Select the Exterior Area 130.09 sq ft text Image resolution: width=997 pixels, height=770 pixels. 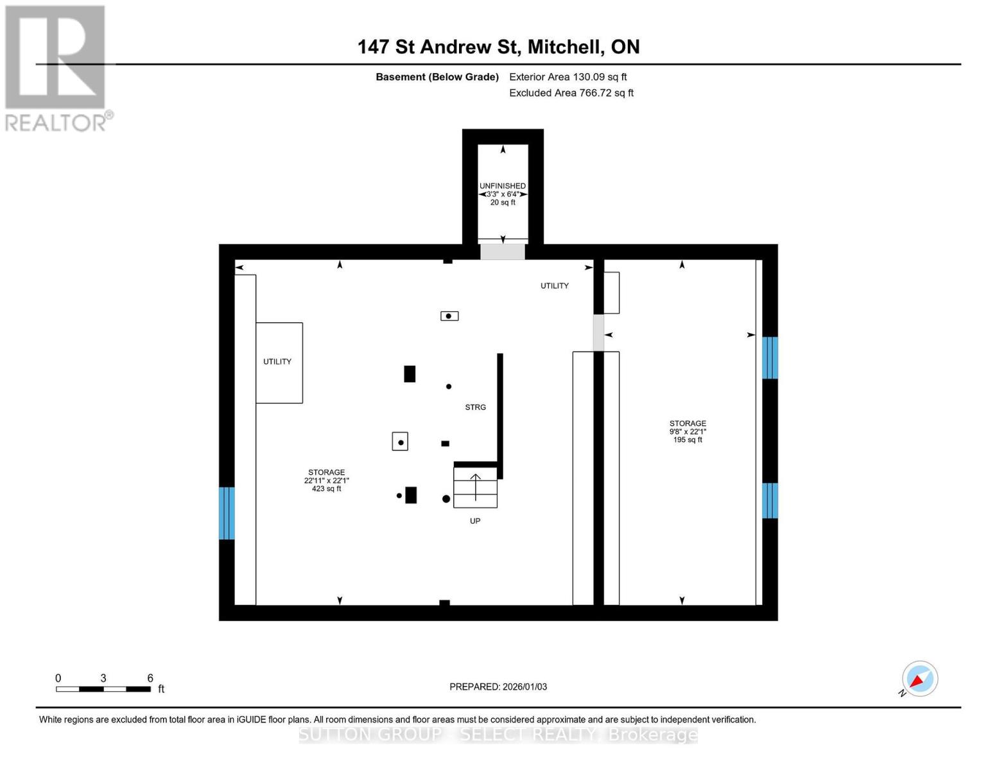(568, 77)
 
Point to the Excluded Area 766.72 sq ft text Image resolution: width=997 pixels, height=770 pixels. (571, 93)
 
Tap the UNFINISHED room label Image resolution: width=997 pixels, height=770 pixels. (503, 186)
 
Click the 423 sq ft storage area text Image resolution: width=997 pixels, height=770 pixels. (326, 489)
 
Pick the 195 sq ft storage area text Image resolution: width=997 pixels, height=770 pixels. (688, 440)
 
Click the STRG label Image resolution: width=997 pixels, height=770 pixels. (475, 407)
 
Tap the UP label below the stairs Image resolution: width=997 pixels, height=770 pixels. (475, 521)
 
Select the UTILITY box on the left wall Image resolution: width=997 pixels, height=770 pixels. (279, 363)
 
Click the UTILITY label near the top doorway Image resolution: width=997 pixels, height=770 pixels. (554, 286)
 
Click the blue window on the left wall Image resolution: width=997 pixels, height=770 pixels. (227, 513)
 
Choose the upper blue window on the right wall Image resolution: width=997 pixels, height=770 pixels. (770, 358)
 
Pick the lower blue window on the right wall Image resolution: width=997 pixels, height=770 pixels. (770, 501)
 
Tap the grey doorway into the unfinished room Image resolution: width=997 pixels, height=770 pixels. (503, 252)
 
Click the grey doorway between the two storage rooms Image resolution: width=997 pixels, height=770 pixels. (598, 332)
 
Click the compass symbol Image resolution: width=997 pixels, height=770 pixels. (919, 679)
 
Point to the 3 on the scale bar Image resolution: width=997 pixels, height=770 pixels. (103, 678)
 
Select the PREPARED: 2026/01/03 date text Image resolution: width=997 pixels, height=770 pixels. (498, 687)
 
